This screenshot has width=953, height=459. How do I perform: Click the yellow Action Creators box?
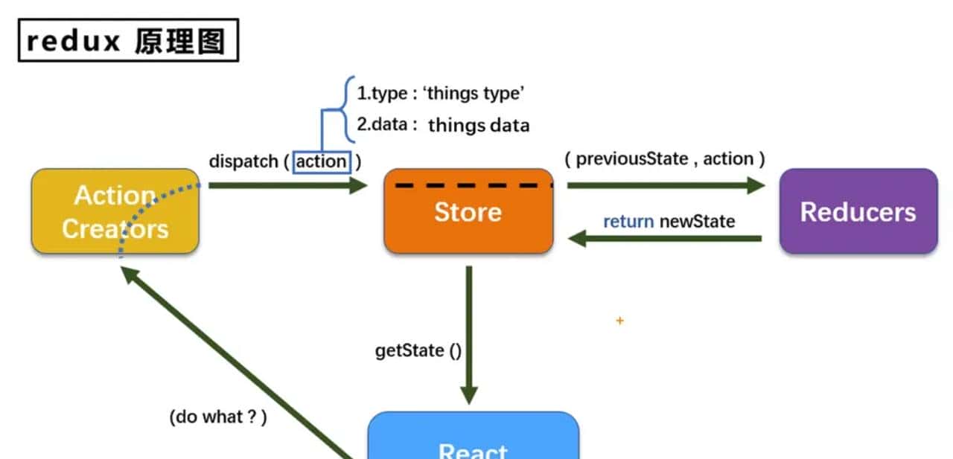click(x=115, y=211)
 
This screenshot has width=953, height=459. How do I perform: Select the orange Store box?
click(x=468, y=212)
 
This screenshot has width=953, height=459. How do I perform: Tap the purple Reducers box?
click(x=858, y=212)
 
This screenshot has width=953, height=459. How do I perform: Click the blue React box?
click(x=474, y=439)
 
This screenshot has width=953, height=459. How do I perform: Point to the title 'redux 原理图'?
click(x=128, y=41)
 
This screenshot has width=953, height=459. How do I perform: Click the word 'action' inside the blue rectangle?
click(x=322, y=161)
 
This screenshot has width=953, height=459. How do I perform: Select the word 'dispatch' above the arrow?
click(x=243, y=161)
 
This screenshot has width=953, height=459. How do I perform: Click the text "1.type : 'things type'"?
click(x=442, y=94)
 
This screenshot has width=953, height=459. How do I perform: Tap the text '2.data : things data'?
click(x=443, y=125)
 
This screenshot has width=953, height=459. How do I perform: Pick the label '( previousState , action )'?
click(x=665, y=158)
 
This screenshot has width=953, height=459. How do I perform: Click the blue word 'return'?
click(x=628, y=221)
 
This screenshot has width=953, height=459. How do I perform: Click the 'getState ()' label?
click(x=418, y=350)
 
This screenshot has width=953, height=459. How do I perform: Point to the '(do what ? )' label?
click(x=217, y=417)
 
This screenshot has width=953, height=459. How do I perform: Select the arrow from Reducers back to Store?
click(x=665, y=239)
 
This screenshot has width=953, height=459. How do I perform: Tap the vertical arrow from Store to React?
click(x=468, y=335)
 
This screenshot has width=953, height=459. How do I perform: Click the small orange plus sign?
click(x=619, y=321)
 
